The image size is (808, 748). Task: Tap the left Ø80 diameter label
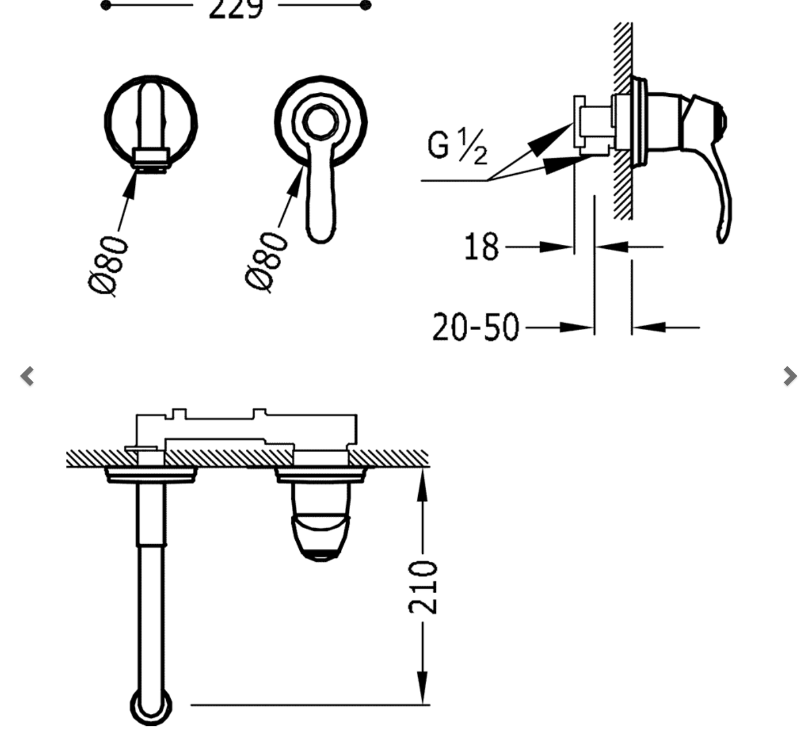(x=109, y=265)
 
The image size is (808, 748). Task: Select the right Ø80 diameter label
(x=267, y=261)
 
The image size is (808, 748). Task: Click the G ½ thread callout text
(x=457, y=146)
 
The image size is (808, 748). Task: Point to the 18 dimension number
(x=481, y=247)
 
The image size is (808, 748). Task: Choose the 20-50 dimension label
(x=476, y=327)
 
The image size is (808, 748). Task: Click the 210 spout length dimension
(x=423, y=587)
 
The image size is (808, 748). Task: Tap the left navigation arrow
(x=27, y=376)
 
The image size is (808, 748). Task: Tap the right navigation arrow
(x=789, y=376)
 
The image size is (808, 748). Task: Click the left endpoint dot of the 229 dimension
(x=106, y=6)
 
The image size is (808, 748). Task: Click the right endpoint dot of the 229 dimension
(x=366, y=6)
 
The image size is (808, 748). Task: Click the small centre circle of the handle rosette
(x=320, y=122)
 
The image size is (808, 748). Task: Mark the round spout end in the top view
(x=151, y=706)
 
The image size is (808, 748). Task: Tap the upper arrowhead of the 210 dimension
(x=422, y=484)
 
